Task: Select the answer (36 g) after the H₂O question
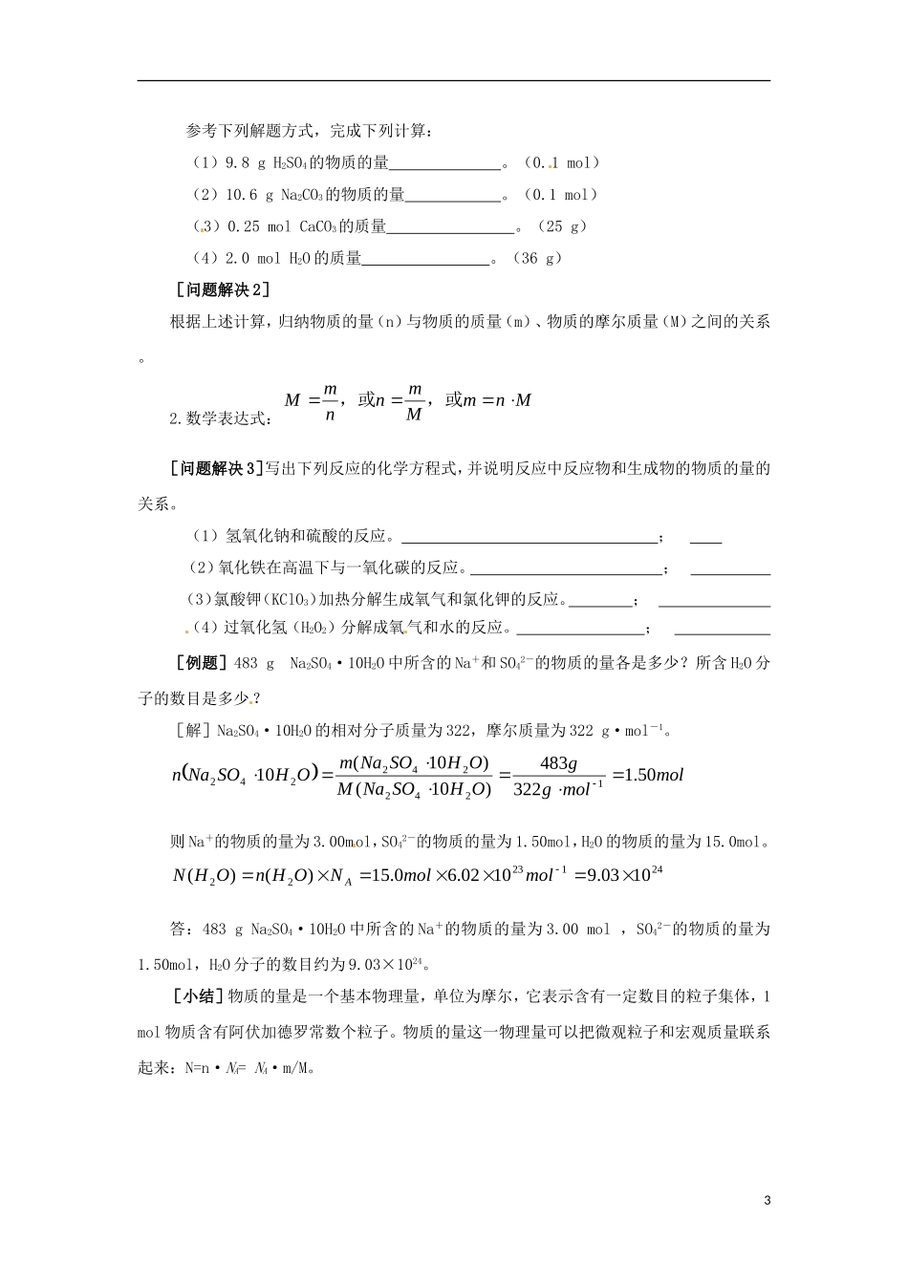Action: [536, 258]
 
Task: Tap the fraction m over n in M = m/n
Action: [329, 401]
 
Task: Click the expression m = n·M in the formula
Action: [497, 400]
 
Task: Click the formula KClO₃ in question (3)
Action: [289, 600]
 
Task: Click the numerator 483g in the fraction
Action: [558, 762]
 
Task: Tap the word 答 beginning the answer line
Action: [176, 930]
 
